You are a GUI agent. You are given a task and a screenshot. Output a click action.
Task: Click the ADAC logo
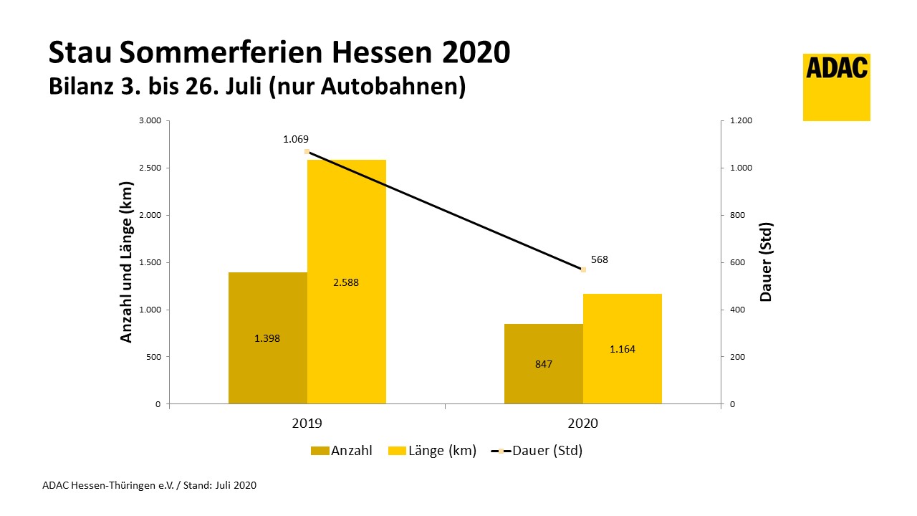(836, 87)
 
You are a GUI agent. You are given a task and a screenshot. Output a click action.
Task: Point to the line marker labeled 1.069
(307, 152)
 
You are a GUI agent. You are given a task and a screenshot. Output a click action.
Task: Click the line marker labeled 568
(583, 269)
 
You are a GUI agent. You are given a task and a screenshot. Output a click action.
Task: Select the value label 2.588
(346, 282)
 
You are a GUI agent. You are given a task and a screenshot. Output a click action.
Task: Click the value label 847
(543, 364)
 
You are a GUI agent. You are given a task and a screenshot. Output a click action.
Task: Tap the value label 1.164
(622, 349)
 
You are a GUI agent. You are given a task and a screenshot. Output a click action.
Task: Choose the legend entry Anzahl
(342, 451)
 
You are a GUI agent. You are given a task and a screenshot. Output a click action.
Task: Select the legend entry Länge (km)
(433, 451)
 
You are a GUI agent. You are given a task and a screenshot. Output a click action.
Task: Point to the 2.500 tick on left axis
(148, 168)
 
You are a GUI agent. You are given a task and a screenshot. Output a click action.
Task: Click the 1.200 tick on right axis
(741, 120)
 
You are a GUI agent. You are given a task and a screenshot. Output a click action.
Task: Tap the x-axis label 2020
(582, 424)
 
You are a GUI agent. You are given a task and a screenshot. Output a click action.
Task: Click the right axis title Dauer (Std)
(767, 262)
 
